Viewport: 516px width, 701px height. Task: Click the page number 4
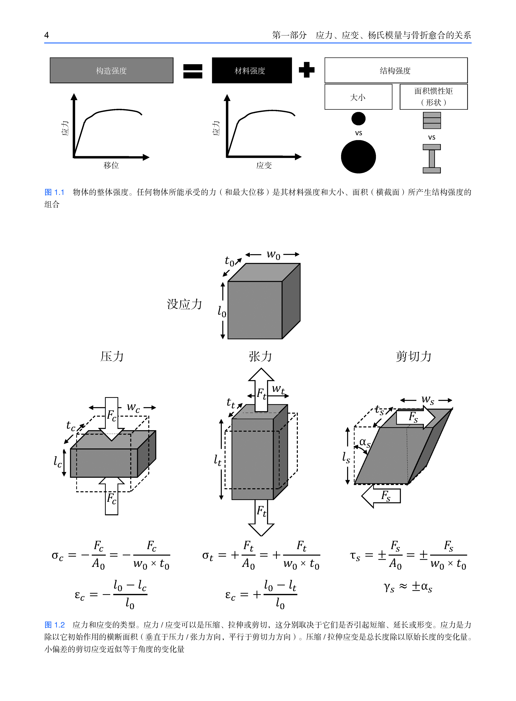(x=47, y=35)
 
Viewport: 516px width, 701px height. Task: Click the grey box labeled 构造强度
(x=111, y=70)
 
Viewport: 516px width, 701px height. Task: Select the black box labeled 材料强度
(x=252, y=70)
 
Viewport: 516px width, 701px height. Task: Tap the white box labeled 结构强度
(x=396, y=70)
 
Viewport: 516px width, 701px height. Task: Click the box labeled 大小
(x=358, y=97)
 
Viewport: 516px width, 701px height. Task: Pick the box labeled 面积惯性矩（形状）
(x=434, y=97)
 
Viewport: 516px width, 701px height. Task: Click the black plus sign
(x=306, y=70)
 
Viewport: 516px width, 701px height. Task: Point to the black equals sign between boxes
(x=193, y=71)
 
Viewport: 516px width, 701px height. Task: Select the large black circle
(x=358, y=157)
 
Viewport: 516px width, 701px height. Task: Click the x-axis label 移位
(x=111, y=165)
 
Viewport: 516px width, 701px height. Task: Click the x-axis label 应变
(x=264, y=165)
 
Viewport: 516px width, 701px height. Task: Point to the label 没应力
(x=184, y=304)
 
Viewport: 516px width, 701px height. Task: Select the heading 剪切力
(x=413, y=356)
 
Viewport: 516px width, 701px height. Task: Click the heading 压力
(x=112, y=356)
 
